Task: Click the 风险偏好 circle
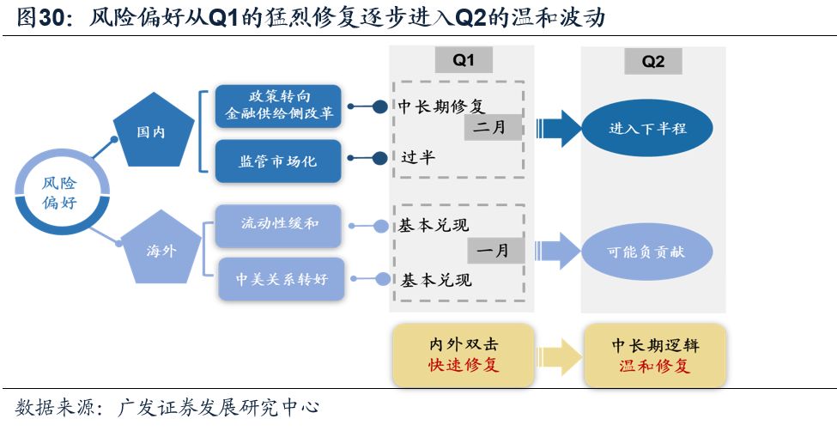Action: click(60, 193)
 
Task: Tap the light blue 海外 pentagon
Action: click(161, 250)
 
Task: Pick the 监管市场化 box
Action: click(278, 161)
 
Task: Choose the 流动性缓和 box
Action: click(278, 224)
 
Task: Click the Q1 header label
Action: click(463, 59)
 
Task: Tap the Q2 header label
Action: click(653, 61)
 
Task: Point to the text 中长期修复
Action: click(442, 106)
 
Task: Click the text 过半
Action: click(419, 158)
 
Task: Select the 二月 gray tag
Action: click(494, 127)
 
